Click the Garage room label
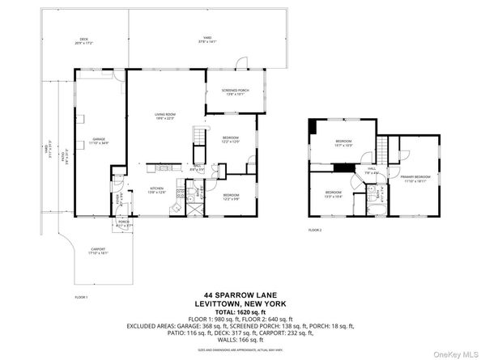point(99,140)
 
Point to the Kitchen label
point(157,190)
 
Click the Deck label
point(83,41)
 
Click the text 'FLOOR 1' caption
point(81,298)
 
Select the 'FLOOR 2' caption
point(315,231)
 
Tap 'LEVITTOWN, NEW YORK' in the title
point(240,303)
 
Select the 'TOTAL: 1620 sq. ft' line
point(240,311)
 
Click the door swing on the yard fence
point(240,64)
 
